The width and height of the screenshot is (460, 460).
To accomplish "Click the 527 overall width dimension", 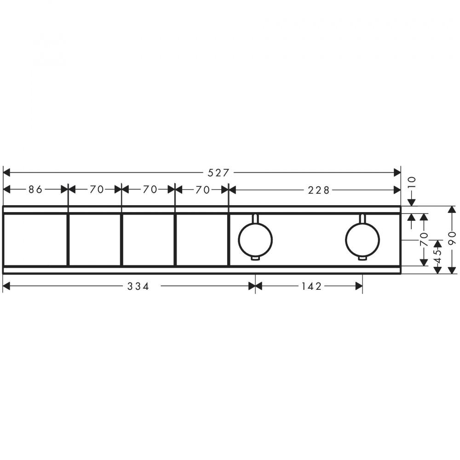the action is [x=218, y=173].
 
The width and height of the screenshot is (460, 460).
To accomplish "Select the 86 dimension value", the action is [x=35, y=190].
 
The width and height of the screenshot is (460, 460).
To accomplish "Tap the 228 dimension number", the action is [x=319, y=190].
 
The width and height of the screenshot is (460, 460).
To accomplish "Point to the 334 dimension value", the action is [x=138, y=286].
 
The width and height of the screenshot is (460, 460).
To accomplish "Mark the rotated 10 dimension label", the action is [x=412, y=184].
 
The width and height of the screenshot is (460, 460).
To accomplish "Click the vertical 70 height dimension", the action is [x=424, y=239].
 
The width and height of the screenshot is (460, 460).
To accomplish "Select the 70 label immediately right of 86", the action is [x=97, y=190].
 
